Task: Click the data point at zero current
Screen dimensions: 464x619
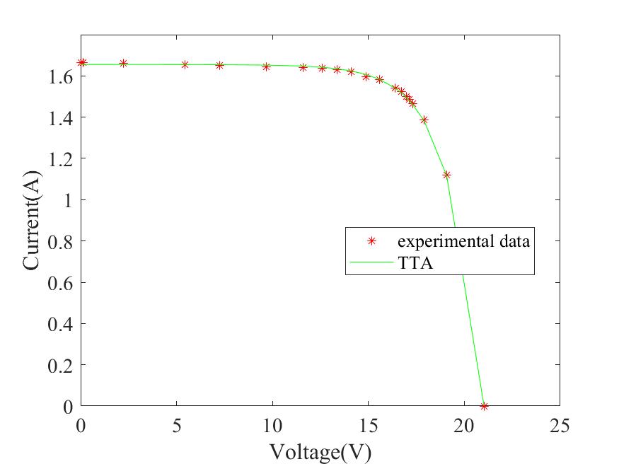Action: point(484,406)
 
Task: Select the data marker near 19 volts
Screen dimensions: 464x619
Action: point(446,175)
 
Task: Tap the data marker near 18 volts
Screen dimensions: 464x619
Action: point(424,120)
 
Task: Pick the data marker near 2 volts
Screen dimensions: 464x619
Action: point(123,63)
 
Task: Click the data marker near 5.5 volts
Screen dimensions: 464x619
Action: point(185,64)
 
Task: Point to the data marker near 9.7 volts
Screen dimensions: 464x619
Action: point(266,66)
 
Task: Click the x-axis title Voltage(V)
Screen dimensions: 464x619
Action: point(320,451)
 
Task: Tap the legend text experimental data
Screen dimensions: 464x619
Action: point(463,240)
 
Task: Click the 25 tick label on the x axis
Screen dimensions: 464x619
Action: point(560,426)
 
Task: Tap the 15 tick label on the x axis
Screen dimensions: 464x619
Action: point(368,426)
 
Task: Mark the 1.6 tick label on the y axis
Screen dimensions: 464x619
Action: point(57,76)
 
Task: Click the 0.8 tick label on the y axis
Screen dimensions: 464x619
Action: point(57,241)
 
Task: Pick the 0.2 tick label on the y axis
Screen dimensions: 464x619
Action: point(57,365)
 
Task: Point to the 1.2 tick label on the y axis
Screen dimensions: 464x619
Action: point(57,158)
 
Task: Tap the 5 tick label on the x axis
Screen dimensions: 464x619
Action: point(176,426)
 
